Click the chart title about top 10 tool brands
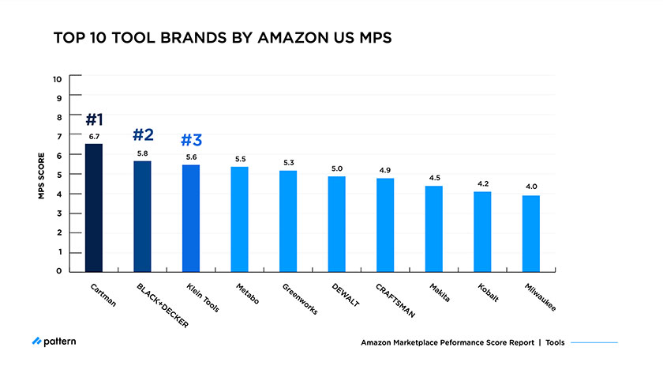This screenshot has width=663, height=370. point(222,39)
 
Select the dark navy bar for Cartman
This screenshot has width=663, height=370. point(94,207)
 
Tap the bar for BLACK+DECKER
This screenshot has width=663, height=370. point(143,216)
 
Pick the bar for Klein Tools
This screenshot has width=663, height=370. point(191,218)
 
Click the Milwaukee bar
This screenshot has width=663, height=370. point(531,233)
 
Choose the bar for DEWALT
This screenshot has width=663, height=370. point(337,224)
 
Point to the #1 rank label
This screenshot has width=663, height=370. point(94,120)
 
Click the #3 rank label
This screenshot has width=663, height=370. point(191,141)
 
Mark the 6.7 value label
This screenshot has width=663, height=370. point(94,137)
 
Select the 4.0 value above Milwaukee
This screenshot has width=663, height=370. point(531,187)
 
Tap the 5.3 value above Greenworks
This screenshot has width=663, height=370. point(289,163)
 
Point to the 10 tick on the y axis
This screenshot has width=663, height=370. point(57,78)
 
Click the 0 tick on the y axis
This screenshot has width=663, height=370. point(58,271)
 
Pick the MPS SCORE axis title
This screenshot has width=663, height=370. point(40,175)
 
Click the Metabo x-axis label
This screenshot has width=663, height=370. point(249,295)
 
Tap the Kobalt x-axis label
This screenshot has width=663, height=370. point(492,294)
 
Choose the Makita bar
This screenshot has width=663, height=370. point(434,228)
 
